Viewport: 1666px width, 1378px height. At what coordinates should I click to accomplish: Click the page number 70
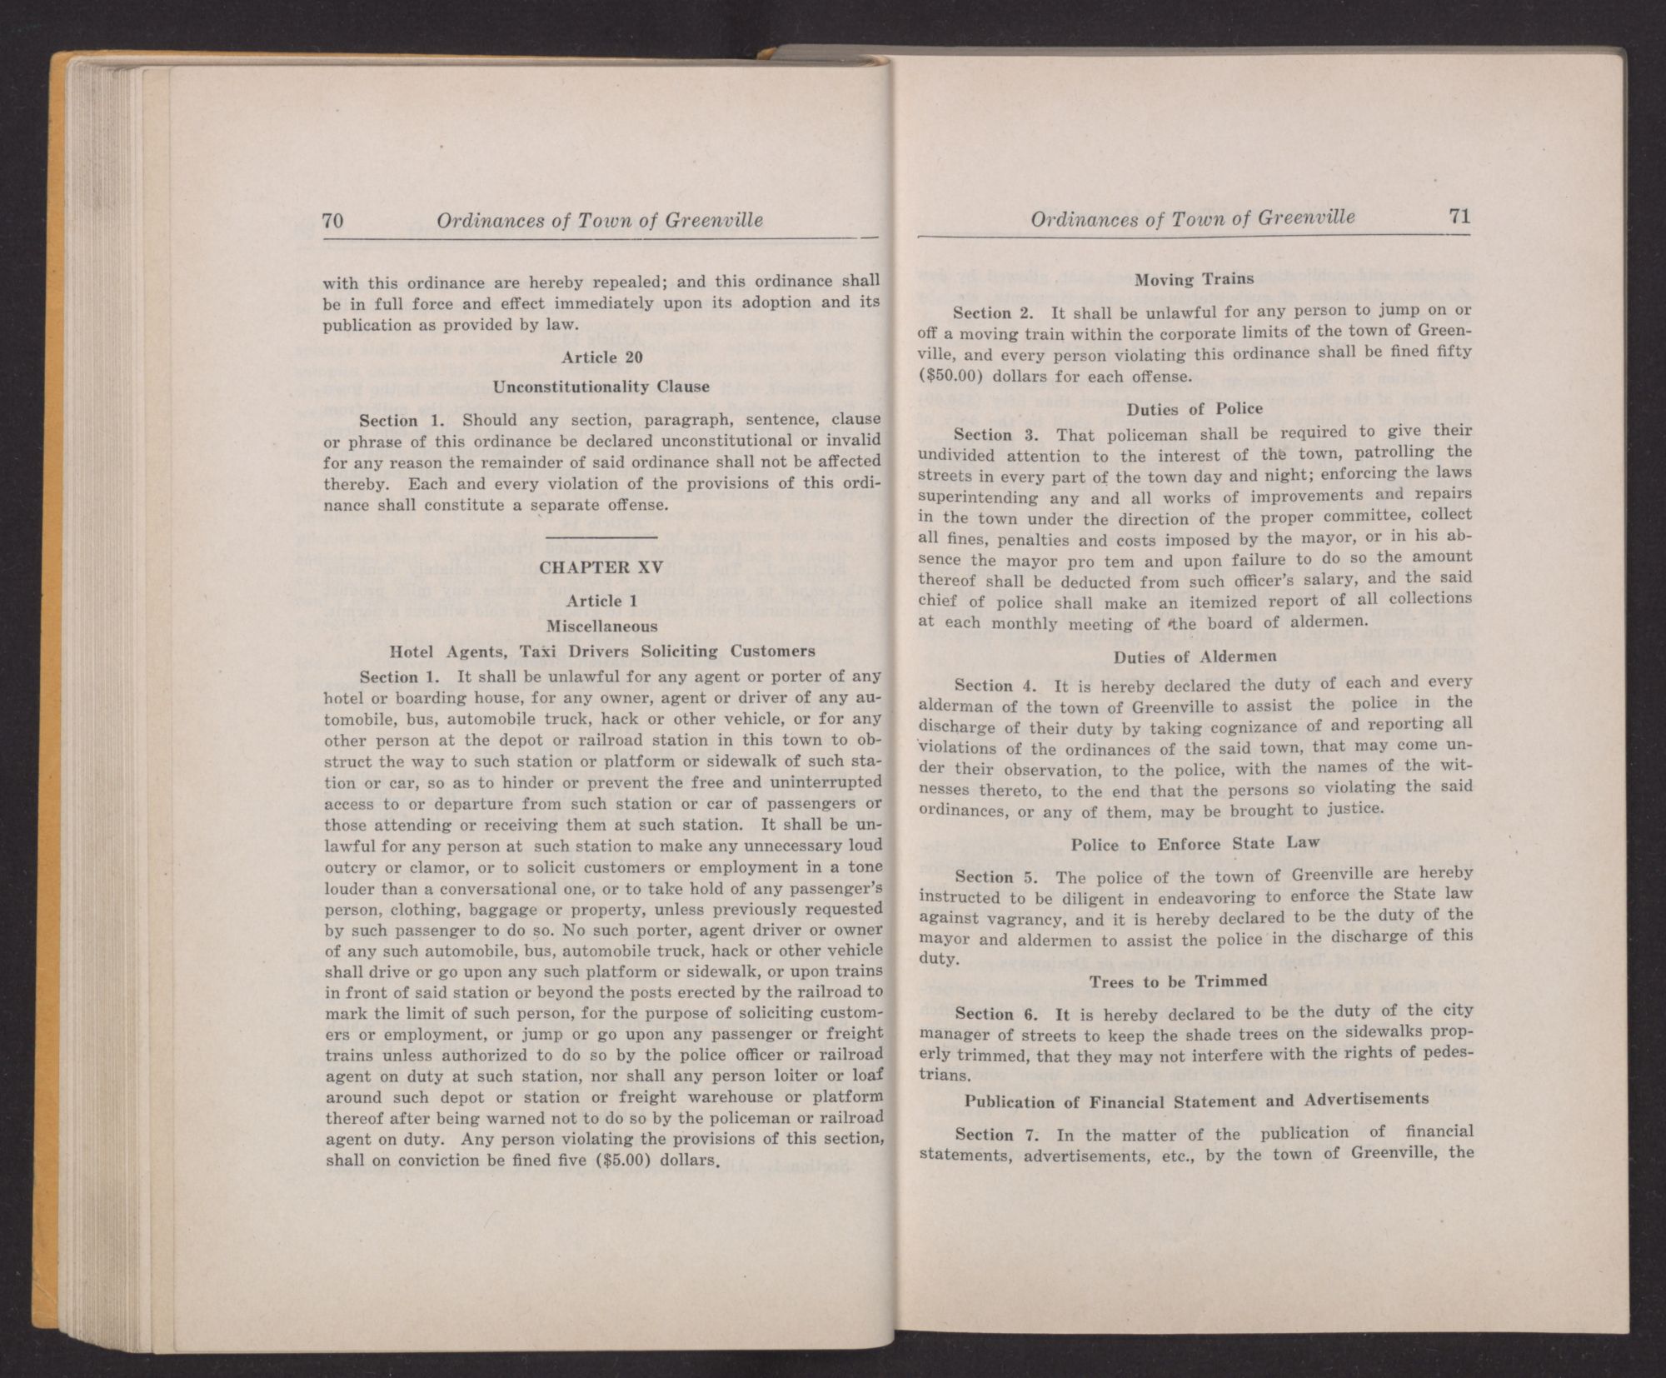pos(333,222)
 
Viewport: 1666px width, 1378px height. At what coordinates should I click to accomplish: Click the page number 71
pos(1459,217)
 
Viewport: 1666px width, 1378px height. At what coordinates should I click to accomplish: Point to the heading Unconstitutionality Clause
pos(601,387)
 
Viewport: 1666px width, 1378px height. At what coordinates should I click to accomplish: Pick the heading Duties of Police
pos(1195,409)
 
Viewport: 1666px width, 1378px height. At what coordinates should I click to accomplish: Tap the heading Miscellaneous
pos(601,625)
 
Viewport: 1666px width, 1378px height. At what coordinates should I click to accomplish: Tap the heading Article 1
pos(594,601)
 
